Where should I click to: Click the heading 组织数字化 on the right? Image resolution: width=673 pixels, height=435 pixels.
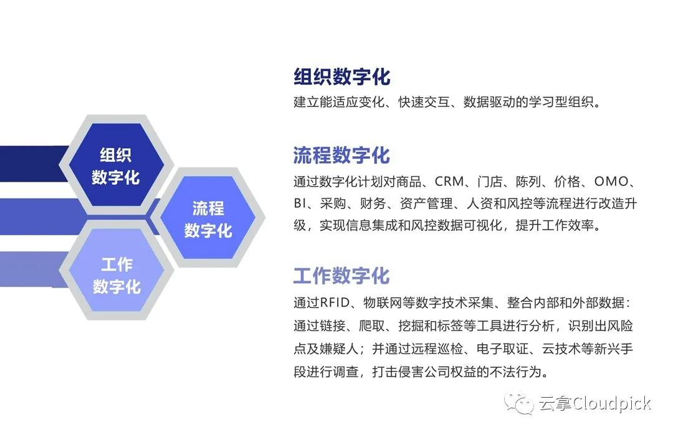point(341,77)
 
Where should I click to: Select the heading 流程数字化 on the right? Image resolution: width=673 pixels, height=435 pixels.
point(341,155)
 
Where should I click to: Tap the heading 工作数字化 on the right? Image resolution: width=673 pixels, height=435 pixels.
point(341,276)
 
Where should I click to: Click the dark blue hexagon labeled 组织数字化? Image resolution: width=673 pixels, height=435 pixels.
point(115,166)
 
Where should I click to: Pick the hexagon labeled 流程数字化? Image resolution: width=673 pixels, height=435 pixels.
point(208,218)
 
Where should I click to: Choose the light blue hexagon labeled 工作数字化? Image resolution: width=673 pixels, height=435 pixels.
point(116,275)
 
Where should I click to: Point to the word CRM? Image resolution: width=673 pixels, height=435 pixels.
point(449,182)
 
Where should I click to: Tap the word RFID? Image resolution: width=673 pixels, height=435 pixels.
point(336,303)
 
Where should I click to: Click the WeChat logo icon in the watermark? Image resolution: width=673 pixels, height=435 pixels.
point(519,403)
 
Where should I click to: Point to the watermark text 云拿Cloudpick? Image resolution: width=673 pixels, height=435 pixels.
point(594,403)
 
